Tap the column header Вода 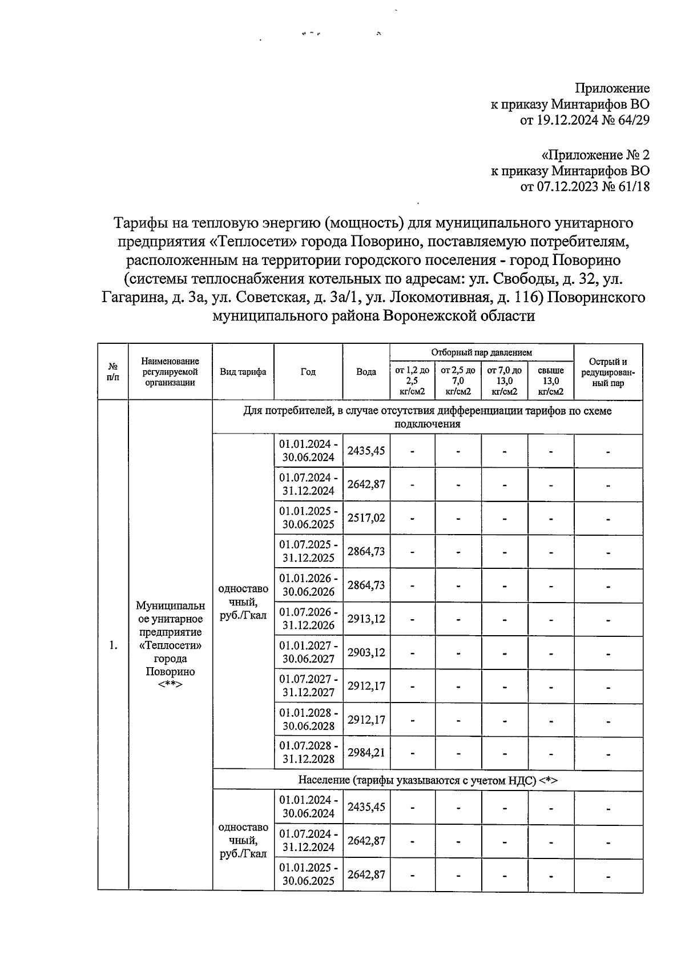point(366,372)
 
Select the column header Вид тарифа point(243,372)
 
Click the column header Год point(308,372)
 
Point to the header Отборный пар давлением point(481,353)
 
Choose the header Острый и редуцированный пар point(608,372)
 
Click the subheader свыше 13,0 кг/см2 point(551,381)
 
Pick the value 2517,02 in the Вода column point(366,517)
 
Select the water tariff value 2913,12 point(366,619)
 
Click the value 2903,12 point(366,652)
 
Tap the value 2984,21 point(366,752)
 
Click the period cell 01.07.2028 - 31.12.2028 point(308,752)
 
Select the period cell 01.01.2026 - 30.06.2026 point(308,585)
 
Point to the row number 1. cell point(113,645)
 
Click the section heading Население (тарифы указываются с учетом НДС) point(427,780)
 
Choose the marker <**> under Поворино point(170,684)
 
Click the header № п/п point(113,372)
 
